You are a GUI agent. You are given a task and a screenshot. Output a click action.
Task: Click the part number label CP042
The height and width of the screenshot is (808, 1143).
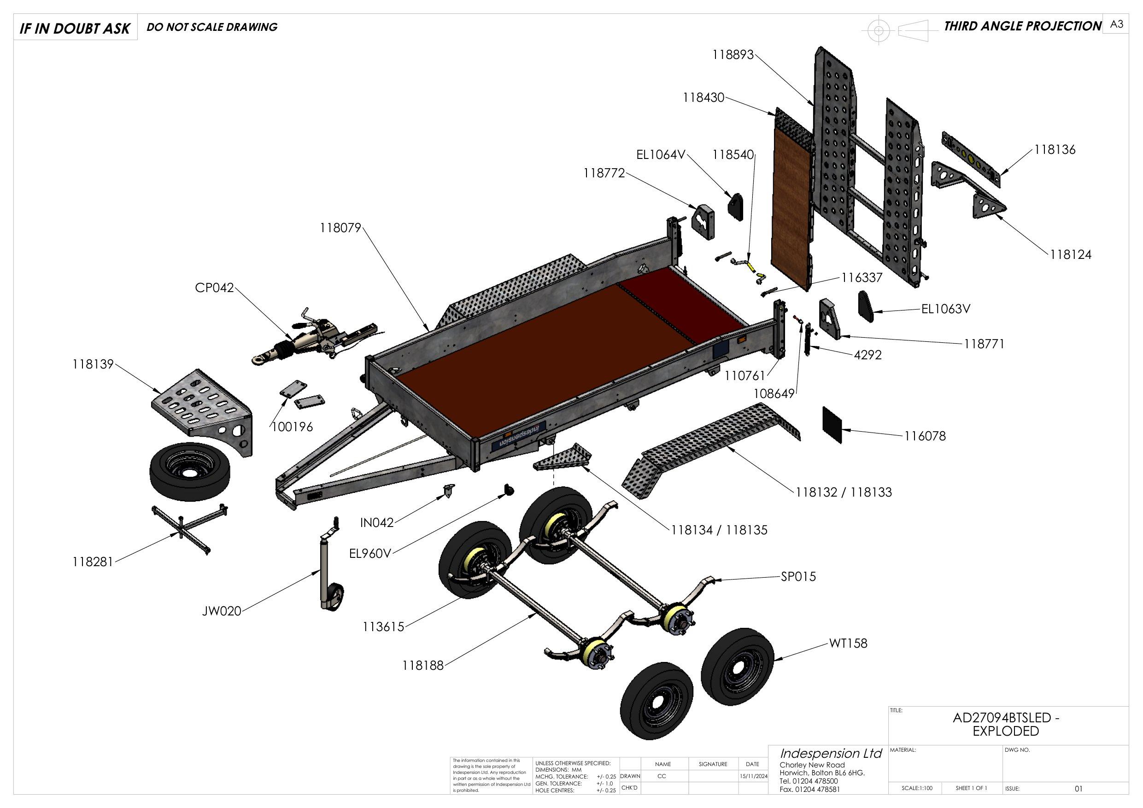tap(214, 288)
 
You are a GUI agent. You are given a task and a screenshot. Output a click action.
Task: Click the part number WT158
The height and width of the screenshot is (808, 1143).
tap(848, 643)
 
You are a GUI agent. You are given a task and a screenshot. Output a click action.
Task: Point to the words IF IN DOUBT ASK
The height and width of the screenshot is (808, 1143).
tap(75, 29)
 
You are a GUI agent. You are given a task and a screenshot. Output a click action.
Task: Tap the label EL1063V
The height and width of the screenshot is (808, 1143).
tap(945, 309)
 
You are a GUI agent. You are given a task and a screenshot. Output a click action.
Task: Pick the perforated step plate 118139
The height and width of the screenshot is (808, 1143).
tap(204, 406)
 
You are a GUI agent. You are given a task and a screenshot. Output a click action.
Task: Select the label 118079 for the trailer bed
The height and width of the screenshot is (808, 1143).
tap(340, 228)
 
